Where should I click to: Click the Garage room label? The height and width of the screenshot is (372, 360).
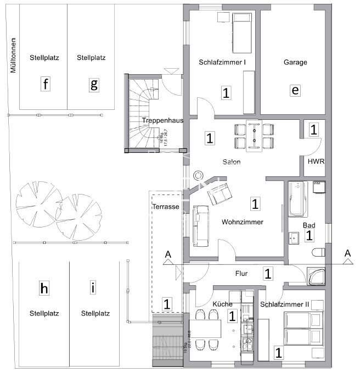click(295, 63)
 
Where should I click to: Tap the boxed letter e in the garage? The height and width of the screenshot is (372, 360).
click(295, 91)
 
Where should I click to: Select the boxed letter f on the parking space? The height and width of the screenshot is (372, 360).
click(46, 84)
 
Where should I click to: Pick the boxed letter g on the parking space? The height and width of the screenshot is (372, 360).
click(94, 84)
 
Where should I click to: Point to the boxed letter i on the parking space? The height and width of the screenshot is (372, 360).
click(93, 286)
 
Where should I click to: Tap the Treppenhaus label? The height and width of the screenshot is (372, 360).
click(154, 120)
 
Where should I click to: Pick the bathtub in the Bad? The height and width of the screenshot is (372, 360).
click(295, 198)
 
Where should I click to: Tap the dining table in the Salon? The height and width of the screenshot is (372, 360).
click(254, 135)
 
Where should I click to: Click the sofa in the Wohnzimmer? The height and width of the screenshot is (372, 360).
click(200, 225)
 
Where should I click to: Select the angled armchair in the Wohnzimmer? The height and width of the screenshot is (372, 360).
click(220, 193)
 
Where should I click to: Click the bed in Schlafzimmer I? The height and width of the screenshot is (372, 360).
click(240, 25)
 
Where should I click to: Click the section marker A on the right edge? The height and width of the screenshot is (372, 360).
click(347, 253)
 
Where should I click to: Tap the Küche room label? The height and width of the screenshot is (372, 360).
click(222, 304)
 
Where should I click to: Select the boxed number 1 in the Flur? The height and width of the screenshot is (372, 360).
click(267, 273)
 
